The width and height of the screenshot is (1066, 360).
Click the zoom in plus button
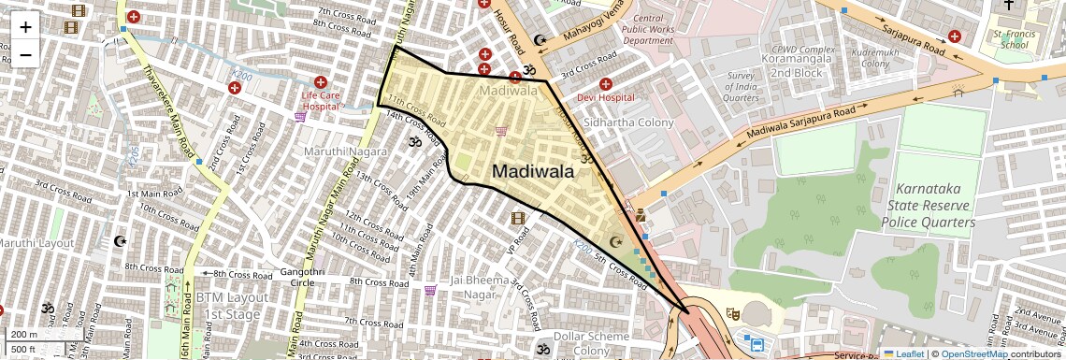[x=25, y=26]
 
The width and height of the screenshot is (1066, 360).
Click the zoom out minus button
[x=25, y=54]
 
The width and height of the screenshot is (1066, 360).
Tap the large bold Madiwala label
[x=533, y=171]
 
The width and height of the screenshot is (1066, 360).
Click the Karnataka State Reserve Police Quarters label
[x=929, y=205]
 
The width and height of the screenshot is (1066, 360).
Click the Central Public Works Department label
[x=647, y=30]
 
